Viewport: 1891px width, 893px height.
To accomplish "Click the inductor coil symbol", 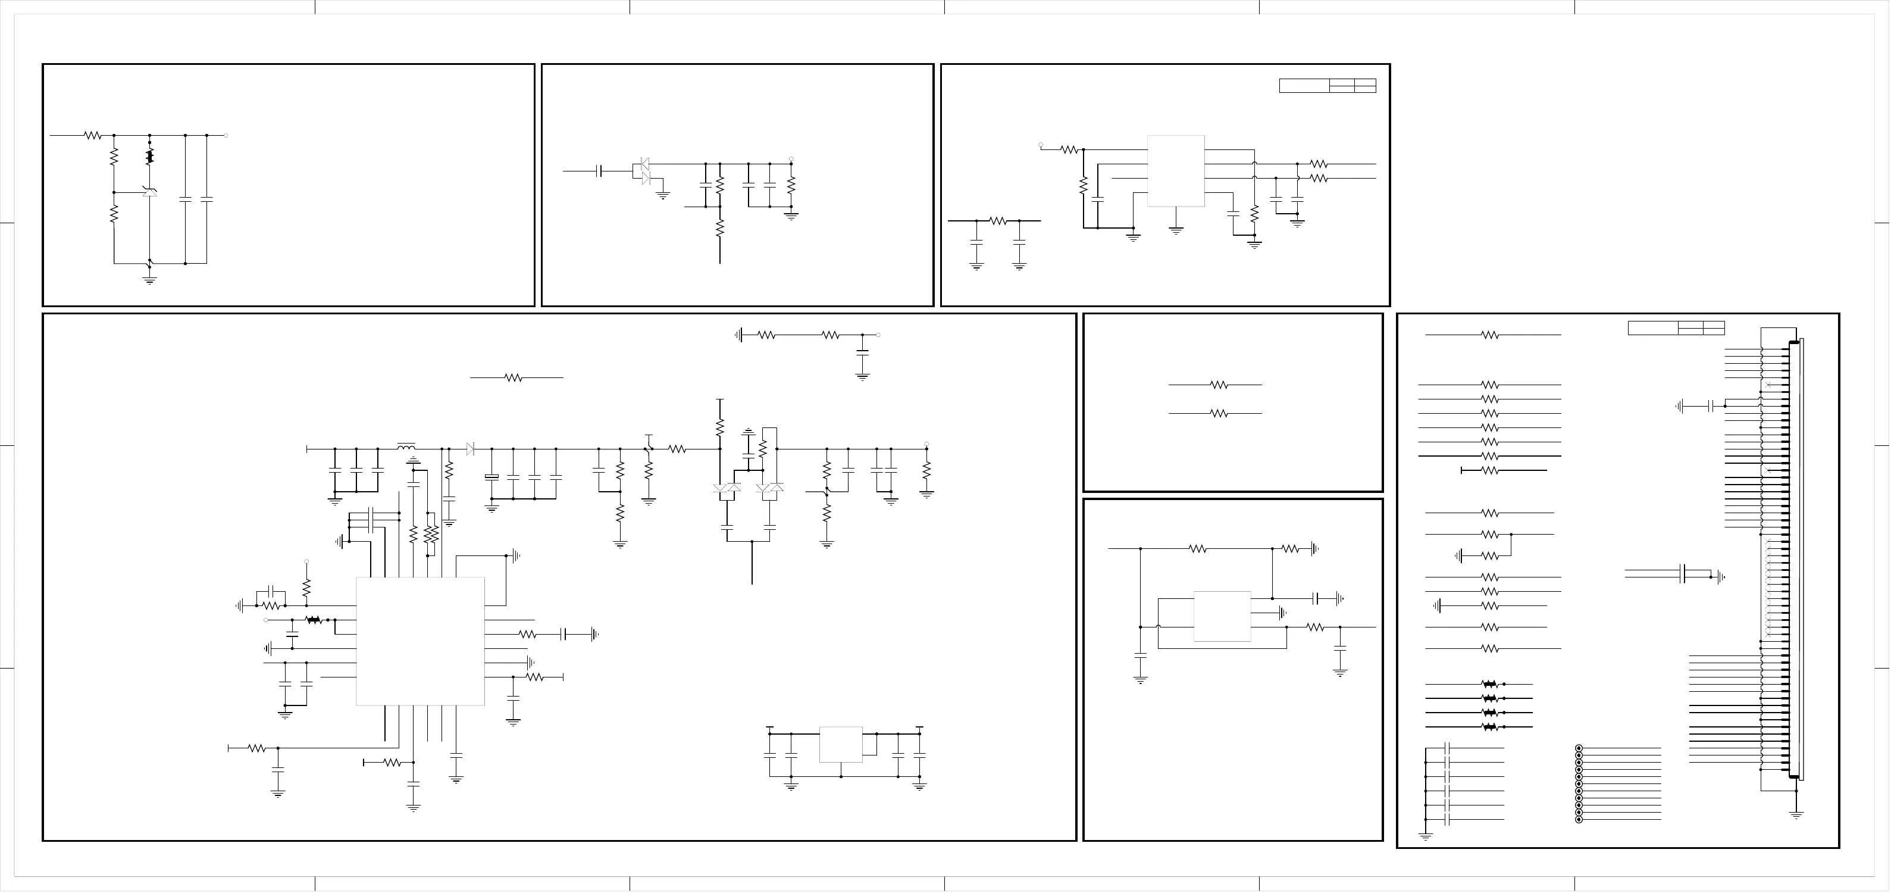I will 406,446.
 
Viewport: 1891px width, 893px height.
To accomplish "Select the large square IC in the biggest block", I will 420,641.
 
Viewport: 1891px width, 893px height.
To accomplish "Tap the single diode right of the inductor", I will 470,449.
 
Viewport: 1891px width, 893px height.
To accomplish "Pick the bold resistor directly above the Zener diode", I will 150,157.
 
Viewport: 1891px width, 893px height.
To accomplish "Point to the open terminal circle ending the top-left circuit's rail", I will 226,135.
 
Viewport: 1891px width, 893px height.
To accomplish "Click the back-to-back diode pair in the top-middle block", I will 645,170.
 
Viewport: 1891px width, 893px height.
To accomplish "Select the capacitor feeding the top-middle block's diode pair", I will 600,171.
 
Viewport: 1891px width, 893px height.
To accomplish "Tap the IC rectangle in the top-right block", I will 1175,170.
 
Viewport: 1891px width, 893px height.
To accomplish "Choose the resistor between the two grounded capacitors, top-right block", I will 998,220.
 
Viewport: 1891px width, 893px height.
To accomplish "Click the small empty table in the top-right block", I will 1328,85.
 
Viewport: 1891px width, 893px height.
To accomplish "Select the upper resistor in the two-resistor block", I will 1219,384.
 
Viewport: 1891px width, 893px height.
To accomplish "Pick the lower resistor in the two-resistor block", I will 1219,413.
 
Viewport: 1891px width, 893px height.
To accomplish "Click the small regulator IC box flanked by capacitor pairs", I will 841,745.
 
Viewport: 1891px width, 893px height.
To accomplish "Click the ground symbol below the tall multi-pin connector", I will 1796,814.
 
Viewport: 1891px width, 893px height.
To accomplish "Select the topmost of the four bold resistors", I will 1489,683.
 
